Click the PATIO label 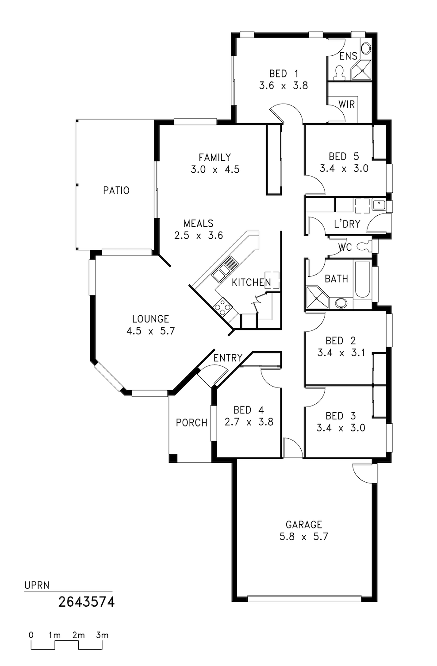(116, 190)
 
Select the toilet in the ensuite (339, 73)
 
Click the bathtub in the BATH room (362, 279)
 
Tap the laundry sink (379, 205)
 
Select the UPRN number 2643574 (86, 602)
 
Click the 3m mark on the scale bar (102, 635)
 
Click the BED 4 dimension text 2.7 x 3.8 (249, 422)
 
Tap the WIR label (346, 105)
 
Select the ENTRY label (228, 358)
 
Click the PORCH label (192, 422)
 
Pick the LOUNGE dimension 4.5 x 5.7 (151, 331)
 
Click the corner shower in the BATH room (317, 298)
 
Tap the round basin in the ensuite (366, 48)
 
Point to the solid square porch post (173, 458)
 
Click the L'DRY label (347, 224)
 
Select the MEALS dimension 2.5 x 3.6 (199, 236)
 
